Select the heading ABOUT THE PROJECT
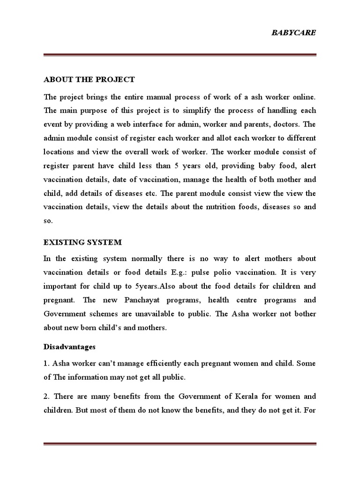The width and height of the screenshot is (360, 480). click(89, 79)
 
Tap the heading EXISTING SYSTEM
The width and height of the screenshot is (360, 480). click(82, 242)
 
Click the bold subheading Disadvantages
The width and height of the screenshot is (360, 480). click(69, 347)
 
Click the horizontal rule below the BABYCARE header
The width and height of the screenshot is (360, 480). click(180, 55)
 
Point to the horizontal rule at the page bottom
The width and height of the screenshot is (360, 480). click(180, 444)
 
